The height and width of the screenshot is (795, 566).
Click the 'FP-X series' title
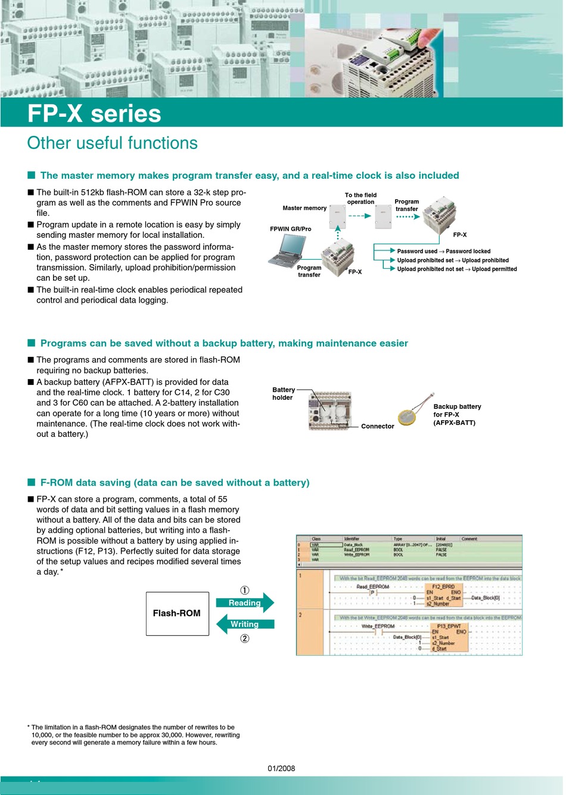click(94, 114)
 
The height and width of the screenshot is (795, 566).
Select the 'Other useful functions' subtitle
click(112, 143)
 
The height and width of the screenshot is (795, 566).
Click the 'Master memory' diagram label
click(304, 208)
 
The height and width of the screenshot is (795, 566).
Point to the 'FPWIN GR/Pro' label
click(290, 229)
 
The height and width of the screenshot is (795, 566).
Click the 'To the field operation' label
click(361, 198)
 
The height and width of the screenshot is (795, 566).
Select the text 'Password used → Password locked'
click(444, 251)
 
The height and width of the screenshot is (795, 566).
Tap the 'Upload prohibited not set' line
click(457, 269)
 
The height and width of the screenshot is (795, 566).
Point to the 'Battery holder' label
click(283, 393)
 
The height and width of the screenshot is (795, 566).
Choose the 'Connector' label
click(377, 426)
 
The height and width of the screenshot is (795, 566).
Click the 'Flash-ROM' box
click(177, 613)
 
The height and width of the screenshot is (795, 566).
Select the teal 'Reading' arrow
click(245, 603)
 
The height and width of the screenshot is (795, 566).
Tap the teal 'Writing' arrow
click(244, 624)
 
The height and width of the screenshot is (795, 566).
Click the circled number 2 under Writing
click(245, 639)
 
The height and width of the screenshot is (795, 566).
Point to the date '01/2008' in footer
click(281, 768)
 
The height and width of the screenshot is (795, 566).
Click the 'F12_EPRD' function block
click(443, 595)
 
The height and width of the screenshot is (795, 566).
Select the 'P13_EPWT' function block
click(449, 637)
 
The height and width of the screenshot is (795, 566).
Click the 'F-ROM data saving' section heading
click(175, 483)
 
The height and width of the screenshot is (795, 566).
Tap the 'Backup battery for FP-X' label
click(457, 414)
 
